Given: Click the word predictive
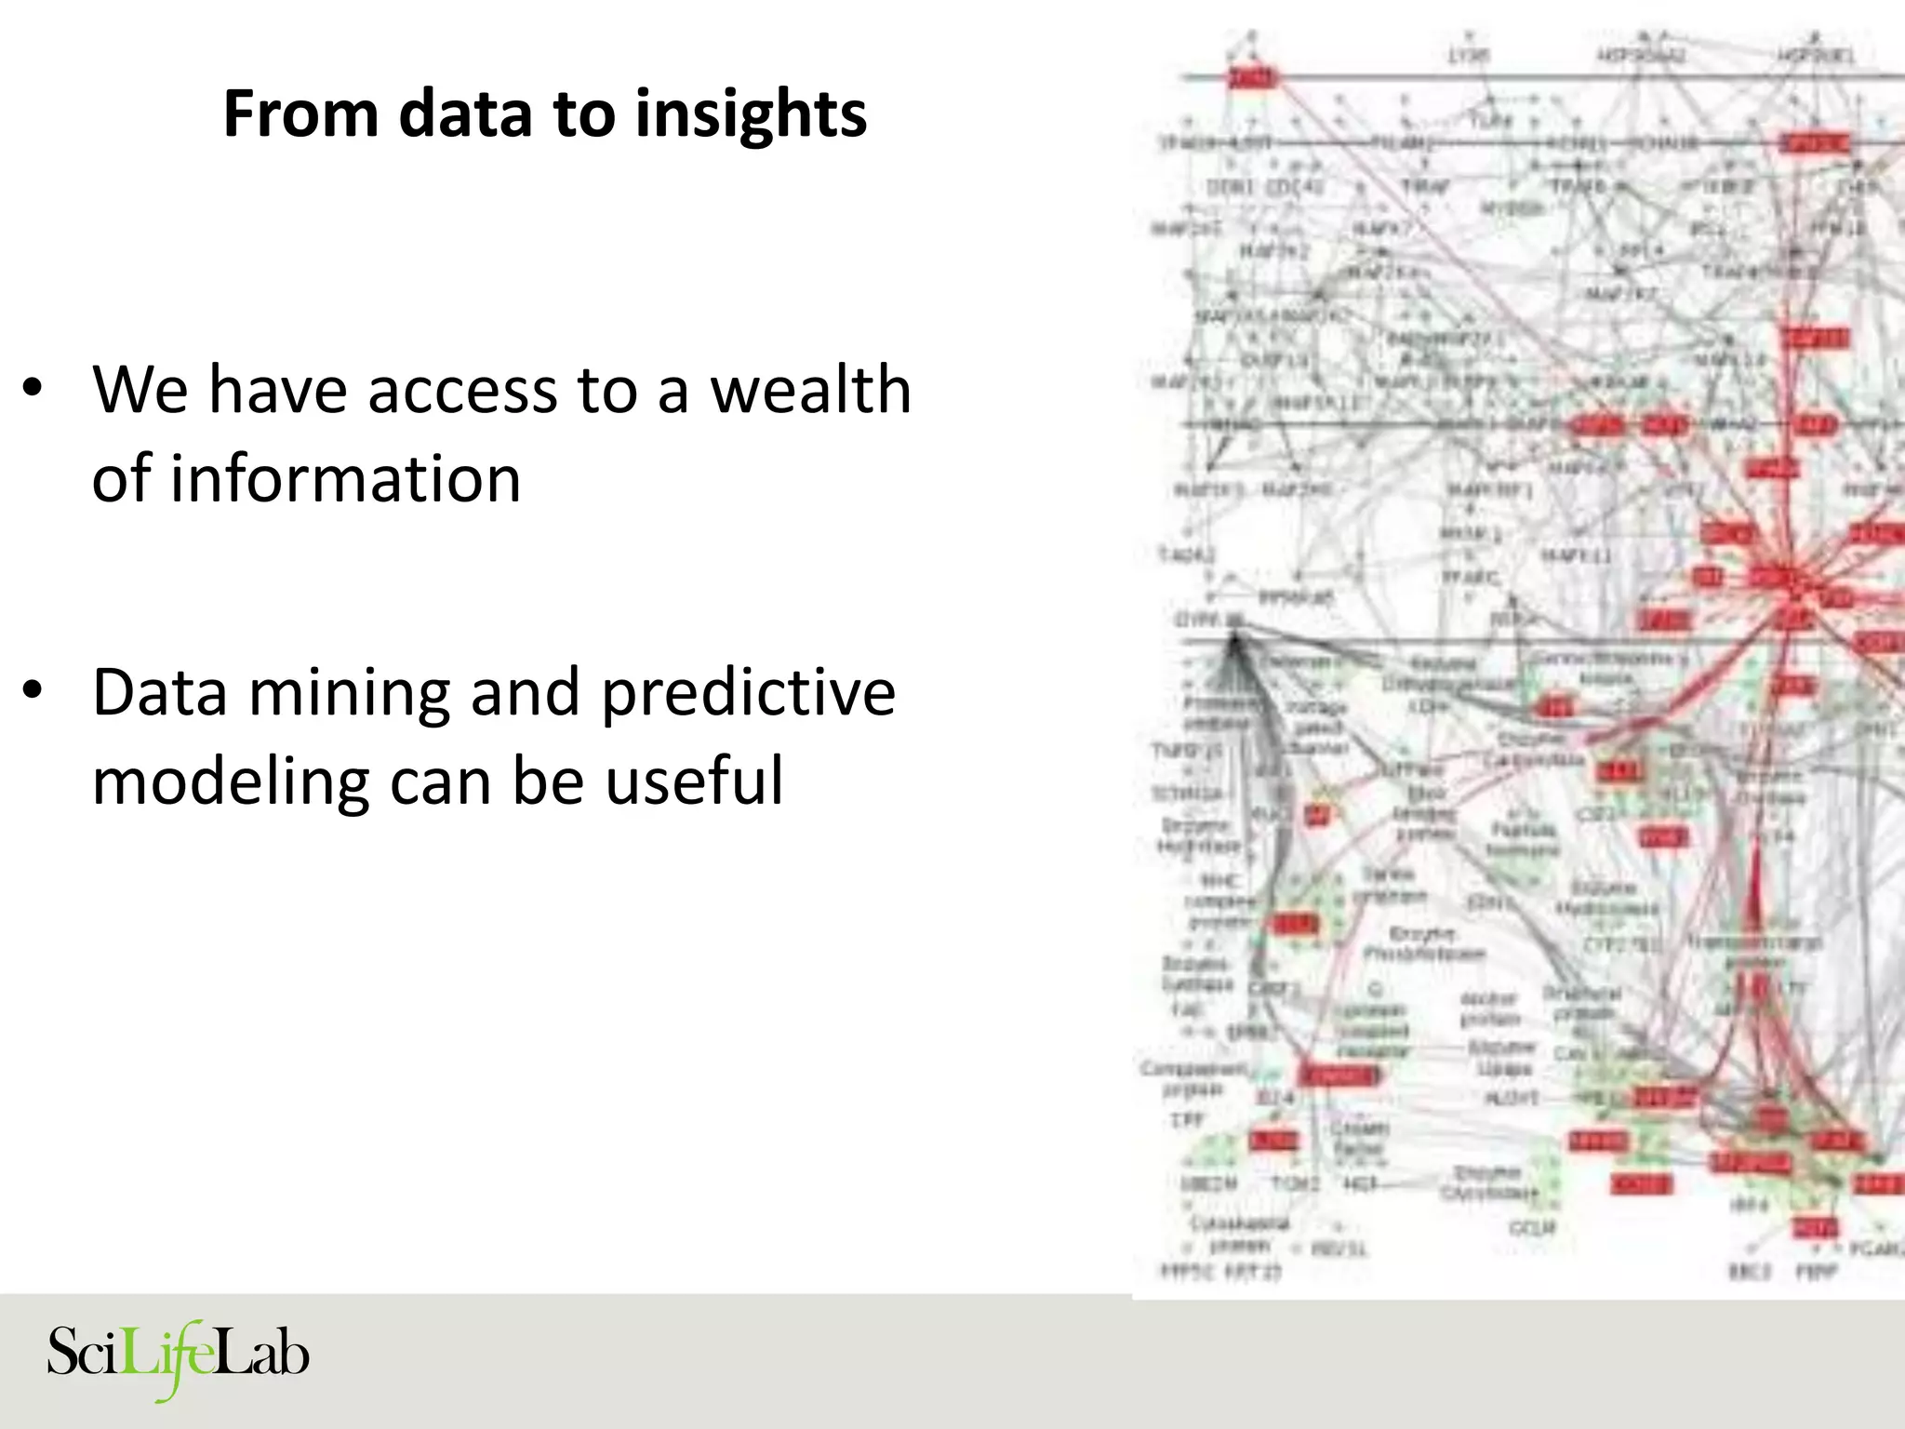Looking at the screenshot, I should click(748, 694).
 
